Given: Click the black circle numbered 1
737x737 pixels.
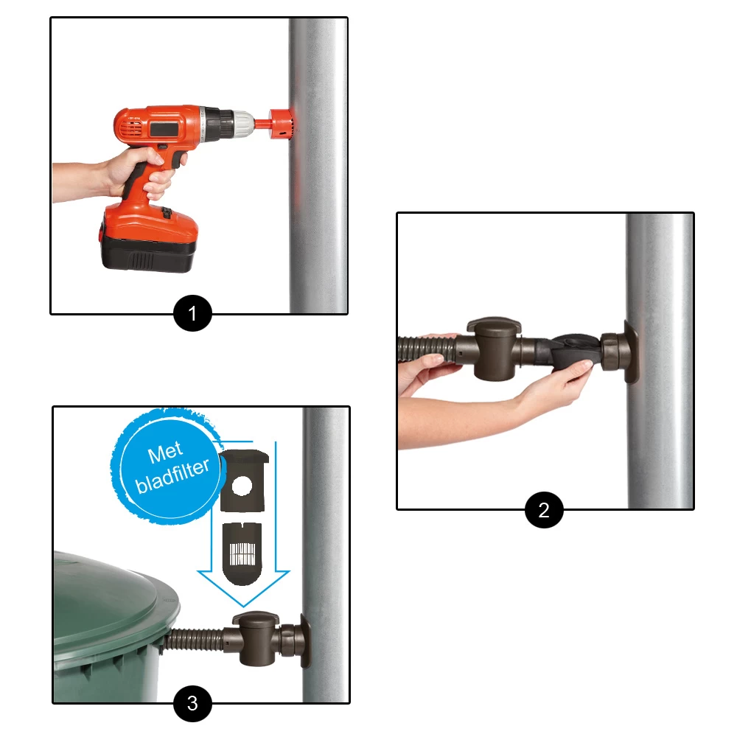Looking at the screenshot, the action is (192, 313).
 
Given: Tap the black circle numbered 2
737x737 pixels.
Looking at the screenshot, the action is (544, 510).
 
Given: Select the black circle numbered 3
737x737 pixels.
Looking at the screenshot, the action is (192, 703).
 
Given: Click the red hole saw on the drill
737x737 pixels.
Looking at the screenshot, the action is (281, 124).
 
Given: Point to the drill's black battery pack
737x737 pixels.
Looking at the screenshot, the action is (147, 254).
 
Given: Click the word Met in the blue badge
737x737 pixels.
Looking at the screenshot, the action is (165, 453).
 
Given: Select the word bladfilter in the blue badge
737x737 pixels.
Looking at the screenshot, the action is (172, 475).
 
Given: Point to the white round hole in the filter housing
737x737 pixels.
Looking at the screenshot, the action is (242, 486).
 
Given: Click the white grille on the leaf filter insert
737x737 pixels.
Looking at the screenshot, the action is (242, 553).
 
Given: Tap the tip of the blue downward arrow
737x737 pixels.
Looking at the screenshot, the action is (243, 606).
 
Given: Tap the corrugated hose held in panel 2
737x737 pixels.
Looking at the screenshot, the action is (427, 349).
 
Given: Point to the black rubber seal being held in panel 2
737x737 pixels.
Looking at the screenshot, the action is (573, 352).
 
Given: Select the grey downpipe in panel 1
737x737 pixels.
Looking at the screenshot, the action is (318, 165).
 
